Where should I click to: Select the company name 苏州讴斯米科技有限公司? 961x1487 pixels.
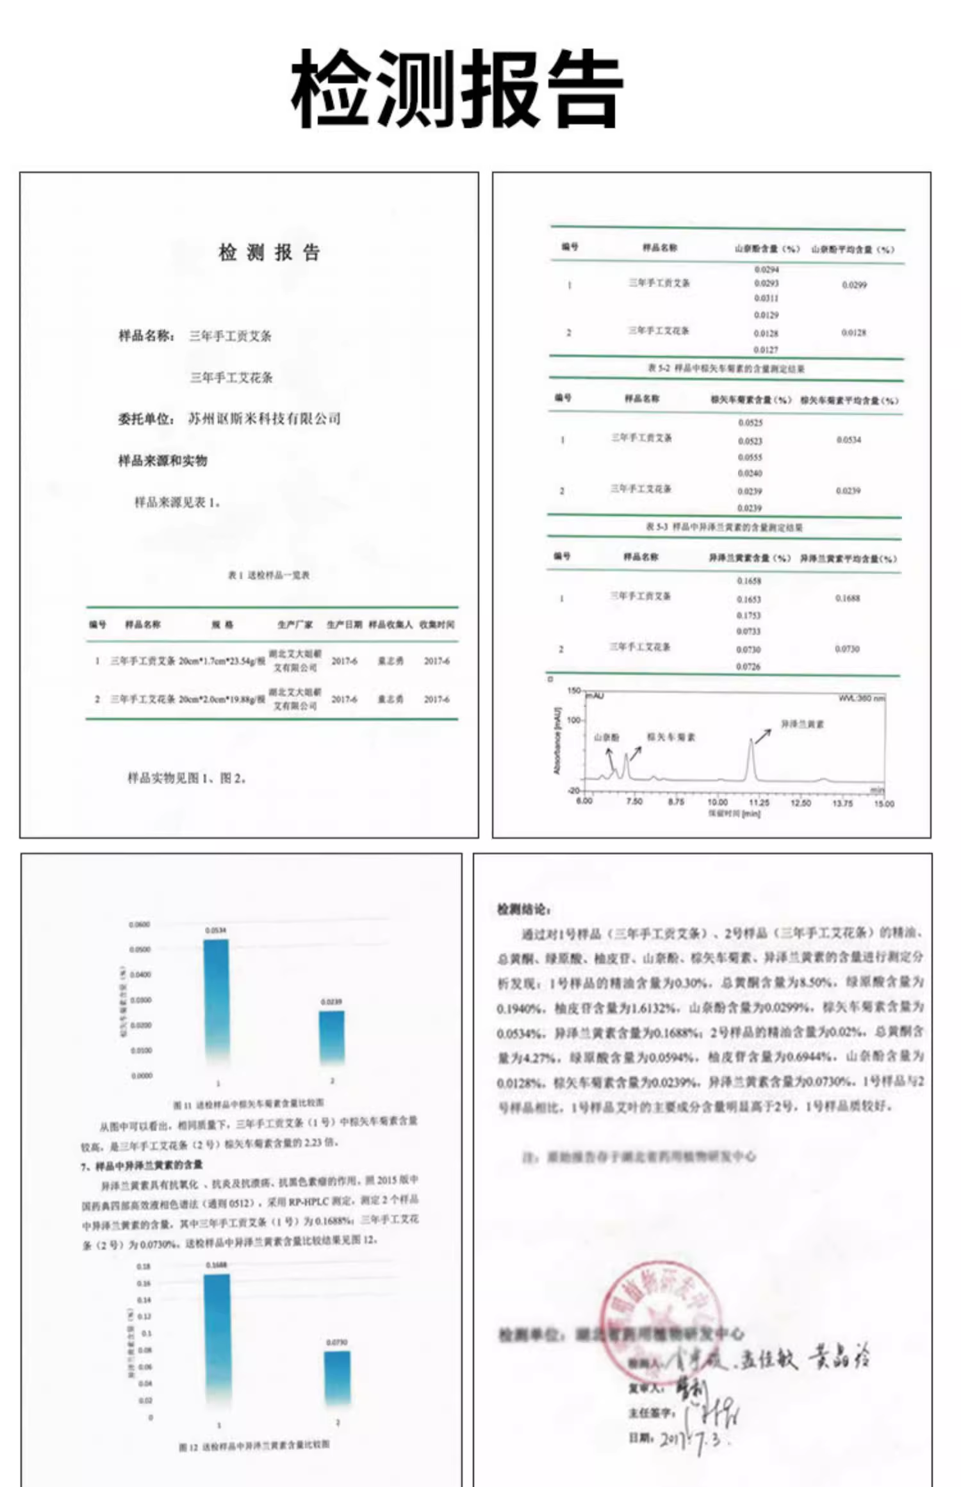tap(264, 419)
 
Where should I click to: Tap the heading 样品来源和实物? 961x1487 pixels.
tap(163, 460)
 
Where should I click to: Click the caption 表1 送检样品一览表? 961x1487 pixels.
tap(268, 575)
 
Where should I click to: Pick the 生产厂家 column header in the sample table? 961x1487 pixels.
tap(295, 624)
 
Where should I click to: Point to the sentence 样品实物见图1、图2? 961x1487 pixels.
tap(186, 778)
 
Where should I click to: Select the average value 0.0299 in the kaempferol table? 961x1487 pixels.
tap(854, 285)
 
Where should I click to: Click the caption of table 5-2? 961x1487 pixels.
tap(726, 368)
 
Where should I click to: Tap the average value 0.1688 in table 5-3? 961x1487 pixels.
tap(848, 598)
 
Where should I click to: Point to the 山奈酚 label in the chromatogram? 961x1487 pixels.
tap(606, 737)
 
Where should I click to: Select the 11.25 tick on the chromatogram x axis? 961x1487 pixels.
tap(759, 802)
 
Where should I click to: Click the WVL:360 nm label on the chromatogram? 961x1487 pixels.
tap(862, 697)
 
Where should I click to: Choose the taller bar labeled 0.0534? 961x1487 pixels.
tap(216, 999)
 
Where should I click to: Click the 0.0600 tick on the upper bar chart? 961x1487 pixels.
tap(139, 925)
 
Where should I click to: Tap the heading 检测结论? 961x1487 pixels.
tap(523, 909)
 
